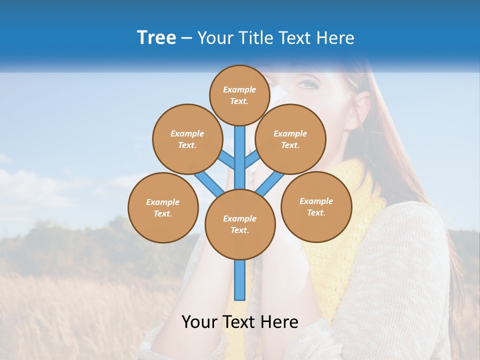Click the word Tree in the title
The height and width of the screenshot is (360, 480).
[x=156, y=38]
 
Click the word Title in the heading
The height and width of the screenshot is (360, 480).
[x=256, y=38]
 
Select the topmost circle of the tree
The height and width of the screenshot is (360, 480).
[x=239, y=95]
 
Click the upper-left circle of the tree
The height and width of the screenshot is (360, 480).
[x=187, y=139]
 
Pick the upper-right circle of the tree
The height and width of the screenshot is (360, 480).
[x=290, y=139]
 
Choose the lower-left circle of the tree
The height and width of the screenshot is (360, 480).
[x=163, y=207]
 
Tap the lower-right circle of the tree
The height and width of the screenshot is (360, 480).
[x=316, y=206]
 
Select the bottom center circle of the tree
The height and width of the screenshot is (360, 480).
[x=239, y=224]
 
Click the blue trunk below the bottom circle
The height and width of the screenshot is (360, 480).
[x=240, y=280]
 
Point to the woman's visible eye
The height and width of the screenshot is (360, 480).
[x=308, y=84]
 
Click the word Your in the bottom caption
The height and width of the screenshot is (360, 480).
[x=199, y=322]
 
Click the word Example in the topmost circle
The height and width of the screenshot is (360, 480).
[x=239, y=89]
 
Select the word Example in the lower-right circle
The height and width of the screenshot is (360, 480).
[x=316, y=201]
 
